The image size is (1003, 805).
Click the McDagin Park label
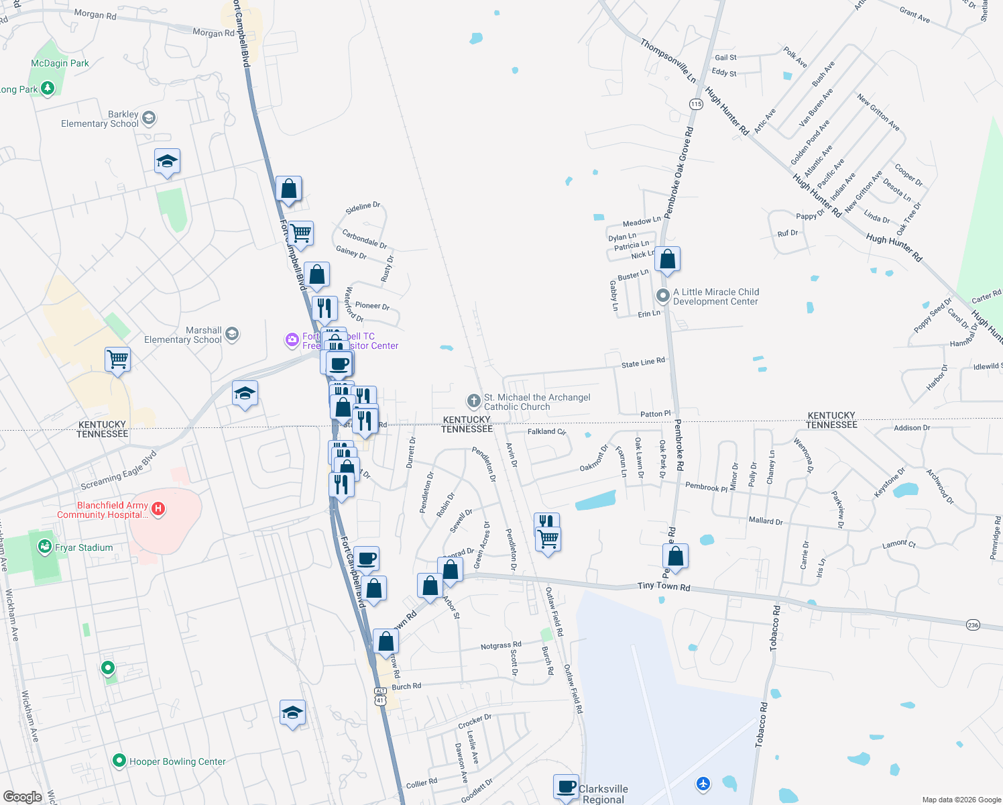(x=60, y=63)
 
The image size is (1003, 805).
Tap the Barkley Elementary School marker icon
(x=149, y=119)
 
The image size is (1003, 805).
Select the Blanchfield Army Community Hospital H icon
(x=158, y=509)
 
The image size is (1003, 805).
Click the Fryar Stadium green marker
(x=44, y=547)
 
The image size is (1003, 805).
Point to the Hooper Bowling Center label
(x=177, y=761)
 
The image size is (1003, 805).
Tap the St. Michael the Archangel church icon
(x=473, y=401)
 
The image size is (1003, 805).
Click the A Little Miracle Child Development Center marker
(x=662, y=295)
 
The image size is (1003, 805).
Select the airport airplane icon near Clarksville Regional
(x=703, y=783)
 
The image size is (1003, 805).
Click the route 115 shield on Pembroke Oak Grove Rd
(x=695, y=104)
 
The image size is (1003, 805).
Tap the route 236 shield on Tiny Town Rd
(x=973, y=625)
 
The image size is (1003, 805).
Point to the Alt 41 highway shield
(x=380, y=696)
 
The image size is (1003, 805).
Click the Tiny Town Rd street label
(x=663, y=586)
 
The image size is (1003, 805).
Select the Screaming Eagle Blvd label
(x=119, y=470)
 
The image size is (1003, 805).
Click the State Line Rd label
(x=643, y=362)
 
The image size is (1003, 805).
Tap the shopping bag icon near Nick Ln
(x=667, y=259)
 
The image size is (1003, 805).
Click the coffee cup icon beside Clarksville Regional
(x=566, y=786)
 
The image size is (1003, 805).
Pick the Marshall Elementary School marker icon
(x=232, y=334)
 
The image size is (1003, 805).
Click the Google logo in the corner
(x=22, y=796)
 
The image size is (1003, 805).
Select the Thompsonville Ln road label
(x=668, y=60)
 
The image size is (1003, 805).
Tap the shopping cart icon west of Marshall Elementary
(x=117, y=360)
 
